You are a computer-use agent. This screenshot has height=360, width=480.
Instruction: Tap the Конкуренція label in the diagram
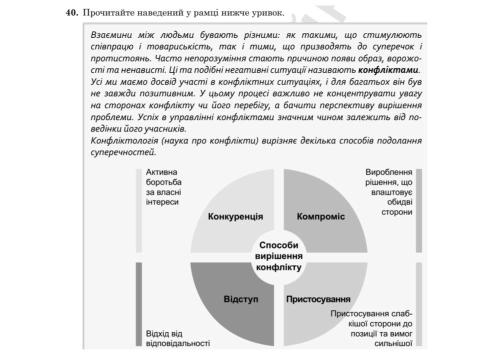pos(235,217)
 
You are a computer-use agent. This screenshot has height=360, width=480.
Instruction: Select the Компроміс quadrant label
pos(320,217)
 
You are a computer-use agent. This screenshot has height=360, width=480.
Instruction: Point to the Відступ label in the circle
pos(240,299)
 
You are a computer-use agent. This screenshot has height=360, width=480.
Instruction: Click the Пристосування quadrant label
pos(318,299)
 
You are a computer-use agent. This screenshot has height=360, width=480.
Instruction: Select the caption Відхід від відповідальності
pos(174,338)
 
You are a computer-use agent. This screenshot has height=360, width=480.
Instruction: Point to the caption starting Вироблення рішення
pos(390,192)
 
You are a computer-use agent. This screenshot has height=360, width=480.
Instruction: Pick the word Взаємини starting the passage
pos(109,35)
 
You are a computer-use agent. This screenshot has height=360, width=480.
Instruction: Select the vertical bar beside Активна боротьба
pos(138,210)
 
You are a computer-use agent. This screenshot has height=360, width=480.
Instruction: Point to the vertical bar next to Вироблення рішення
pos(419,210)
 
